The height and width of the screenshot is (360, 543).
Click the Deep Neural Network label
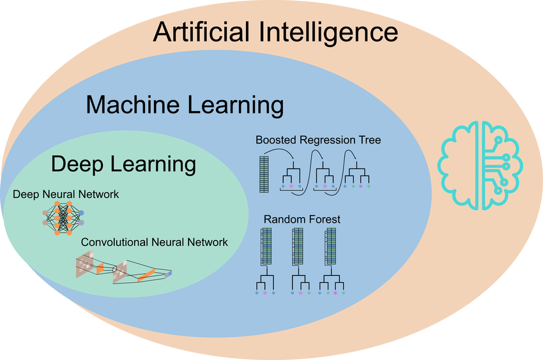coord(66,194)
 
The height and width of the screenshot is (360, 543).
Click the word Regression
coord(328,139)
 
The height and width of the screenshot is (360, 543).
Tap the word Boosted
coord(275,139)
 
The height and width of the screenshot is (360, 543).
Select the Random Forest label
coord(302,219)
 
